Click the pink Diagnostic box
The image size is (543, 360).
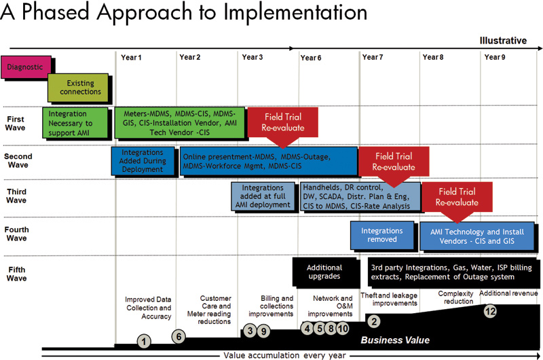tap(26, 67)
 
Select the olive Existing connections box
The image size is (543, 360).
tap(78, 88)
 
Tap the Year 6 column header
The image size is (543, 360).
tap(311, 58)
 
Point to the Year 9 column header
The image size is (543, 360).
tap(495, 57)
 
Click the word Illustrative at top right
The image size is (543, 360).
tap(503, 41)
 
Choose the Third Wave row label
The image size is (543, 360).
tap(16, 196)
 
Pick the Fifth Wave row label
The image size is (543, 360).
tap(16, 274)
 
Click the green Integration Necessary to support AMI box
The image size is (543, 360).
tap(75, 123)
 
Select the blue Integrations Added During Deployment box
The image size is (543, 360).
tap(143, 161)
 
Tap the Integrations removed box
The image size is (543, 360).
tap(382, 235)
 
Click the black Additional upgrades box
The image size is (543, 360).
tap(324, 272)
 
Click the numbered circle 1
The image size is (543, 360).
tap(144, 341)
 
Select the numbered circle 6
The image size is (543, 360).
tap(179, 336)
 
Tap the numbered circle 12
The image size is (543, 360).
tap(490, 311)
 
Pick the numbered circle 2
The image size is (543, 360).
tap(374, 321)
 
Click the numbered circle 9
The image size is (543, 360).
tap(263, 331)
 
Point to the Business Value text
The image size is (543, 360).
tap(395, 340)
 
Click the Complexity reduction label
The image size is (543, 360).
tap(455, 298)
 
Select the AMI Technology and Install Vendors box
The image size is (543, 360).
tap(477, 236)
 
